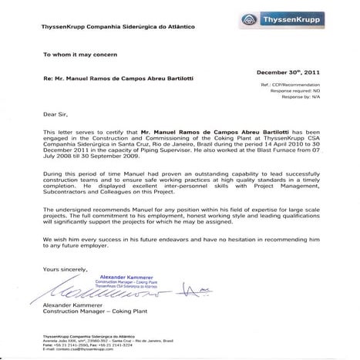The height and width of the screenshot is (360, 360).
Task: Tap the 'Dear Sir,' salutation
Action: [55, 113]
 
